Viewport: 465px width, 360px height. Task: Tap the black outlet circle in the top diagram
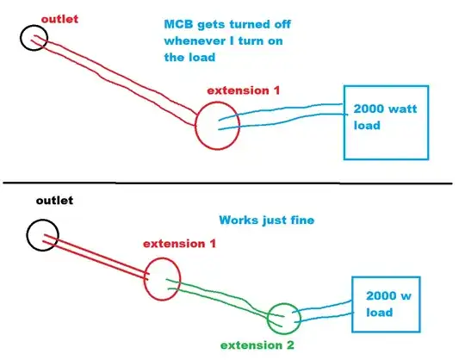tap(34, 37)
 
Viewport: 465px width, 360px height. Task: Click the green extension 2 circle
tap(284, 320)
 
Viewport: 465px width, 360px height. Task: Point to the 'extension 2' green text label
tap(257, 345)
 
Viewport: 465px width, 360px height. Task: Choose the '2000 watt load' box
tap(385, 121)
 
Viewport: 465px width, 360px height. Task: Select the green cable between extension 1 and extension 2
tap(224, 298)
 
